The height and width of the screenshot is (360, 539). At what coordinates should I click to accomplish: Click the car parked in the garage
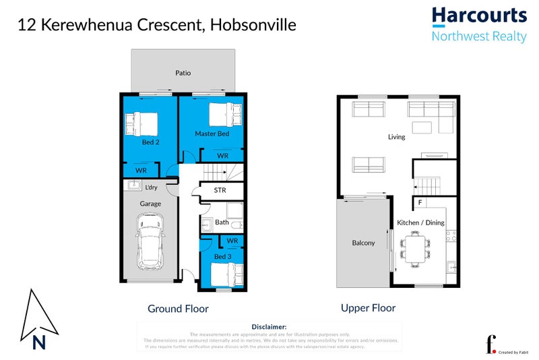(x=150, y=241)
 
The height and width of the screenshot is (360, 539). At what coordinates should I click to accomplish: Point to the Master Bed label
(x=212, y=133)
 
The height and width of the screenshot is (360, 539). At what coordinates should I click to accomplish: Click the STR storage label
(x=220, y=190)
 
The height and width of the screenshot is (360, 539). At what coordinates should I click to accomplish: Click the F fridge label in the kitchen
(x=420, y=202)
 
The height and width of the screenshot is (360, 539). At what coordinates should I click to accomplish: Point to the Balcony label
(x=364, y=243)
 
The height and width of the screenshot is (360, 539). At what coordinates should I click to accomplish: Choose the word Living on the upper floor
(x=397, y=137)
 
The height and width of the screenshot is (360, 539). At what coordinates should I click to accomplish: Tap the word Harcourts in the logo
(x=478, y=16)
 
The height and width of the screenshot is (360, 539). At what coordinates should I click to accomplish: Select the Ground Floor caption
(x=178, y=309)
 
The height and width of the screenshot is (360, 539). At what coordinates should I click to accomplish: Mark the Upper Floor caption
(x=368, y=307)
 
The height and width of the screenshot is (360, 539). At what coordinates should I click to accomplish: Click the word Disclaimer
(x=269, y=326)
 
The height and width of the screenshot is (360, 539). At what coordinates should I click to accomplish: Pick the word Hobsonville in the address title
(x=253, y=25)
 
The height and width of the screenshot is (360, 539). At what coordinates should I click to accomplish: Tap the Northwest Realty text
(x=478, y=36)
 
